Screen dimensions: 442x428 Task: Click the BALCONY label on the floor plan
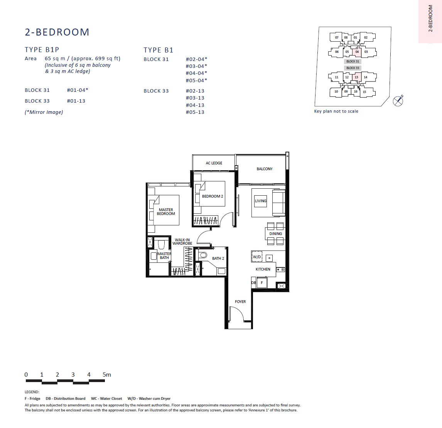[x=265, y=169]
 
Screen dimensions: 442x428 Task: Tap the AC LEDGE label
[x=214, y=163]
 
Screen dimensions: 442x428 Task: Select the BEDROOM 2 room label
[x=212, y=196]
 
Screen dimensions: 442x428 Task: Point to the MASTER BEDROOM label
[x=166, y=211]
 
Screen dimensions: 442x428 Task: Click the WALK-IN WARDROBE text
[x=182, y=242]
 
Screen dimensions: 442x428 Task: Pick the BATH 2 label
[x=218, y=258]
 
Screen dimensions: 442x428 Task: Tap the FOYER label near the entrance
[x=240, y=301]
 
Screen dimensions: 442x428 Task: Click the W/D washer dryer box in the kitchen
[x=257, y=257]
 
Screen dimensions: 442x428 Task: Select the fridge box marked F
[x=262, y=283]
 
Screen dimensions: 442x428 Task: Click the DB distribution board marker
[x=253, y=283]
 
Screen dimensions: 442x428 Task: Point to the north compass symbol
[x=398, y=101]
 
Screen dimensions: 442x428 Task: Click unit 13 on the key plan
[x=356, y=77]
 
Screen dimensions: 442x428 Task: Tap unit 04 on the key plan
[x=357, y=52]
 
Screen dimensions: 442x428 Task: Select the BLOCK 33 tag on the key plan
[x=353, y=68]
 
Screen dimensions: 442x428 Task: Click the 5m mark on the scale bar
[x=107, y=375]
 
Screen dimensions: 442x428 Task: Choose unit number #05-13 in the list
[x=195, y=112]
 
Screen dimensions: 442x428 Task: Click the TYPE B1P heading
[x=42, y=50]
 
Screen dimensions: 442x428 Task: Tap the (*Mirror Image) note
[x=44, y=112]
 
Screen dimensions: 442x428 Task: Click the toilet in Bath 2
[x=202, y=255]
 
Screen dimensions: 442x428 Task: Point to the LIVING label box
[x=260, y=201]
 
